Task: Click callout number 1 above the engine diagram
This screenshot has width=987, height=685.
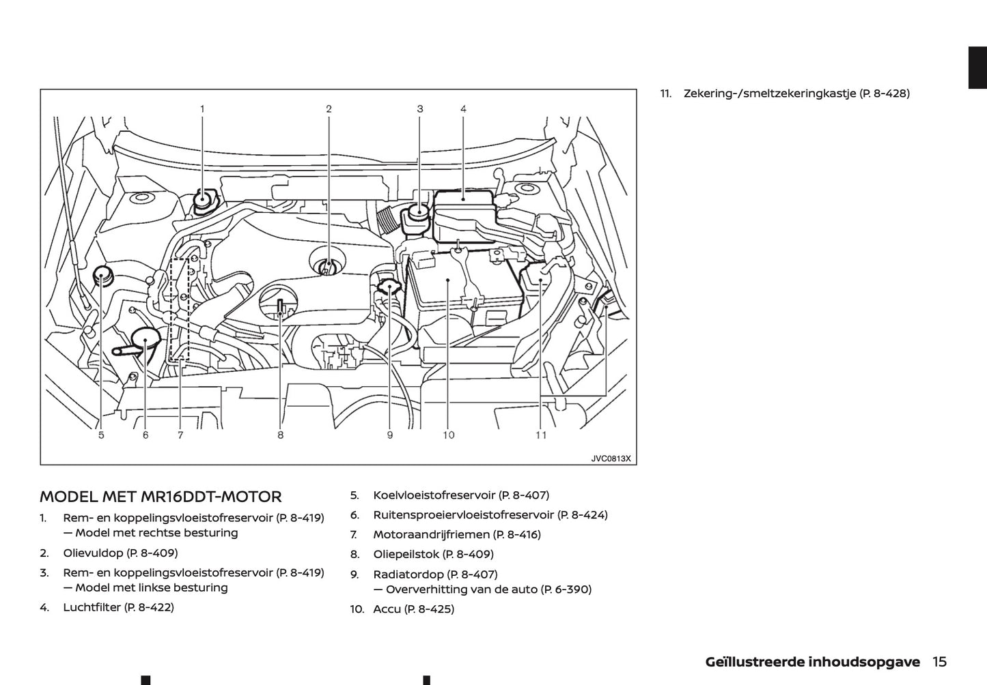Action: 202,108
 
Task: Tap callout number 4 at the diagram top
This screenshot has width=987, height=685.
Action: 463,108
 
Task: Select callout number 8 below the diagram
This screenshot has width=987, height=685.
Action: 280,435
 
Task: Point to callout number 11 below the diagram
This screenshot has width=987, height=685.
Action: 541,435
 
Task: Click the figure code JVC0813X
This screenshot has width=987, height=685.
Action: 611,458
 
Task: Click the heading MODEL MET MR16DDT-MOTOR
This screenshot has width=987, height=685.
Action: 161,497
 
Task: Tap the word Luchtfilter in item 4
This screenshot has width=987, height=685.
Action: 92,607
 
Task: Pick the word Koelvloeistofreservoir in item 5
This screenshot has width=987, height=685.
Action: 434,495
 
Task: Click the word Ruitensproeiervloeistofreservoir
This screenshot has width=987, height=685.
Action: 463,514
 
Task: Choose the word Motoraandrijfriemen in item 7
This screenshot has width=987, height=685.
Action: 431,534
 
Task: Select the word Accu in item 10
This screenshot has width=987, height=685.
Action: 387,609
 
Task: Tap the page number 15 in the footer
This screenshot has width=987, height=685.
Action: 939,661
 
